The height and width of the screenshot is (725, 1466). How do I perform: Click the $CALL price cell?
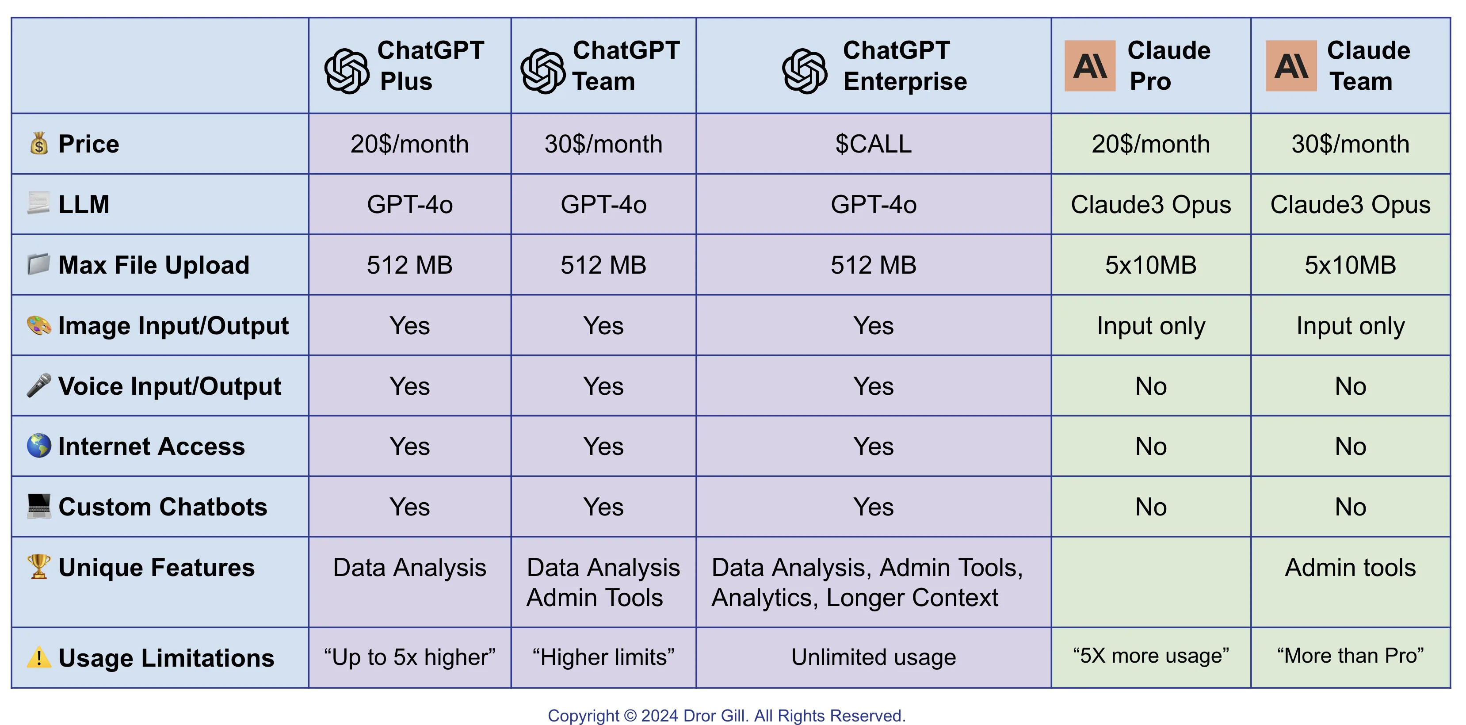873,144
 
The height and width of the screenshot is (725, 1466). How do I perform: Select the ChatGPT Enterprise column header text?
904,66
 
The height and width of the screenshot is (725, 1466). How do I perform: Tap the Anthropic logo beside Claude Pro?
1089,66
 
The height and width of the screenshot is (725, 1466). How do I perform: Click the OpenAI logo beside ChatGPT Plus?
347,71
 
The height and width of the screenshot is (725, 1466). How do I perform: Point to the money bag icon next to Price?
39,143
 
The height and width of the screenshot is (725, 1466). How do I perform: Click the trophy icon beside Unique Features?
39,567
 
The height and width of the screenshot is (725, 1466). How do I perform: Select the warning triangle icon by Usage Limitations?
39,657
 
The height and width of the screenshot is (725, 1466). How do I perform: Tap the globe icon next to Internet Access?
39,446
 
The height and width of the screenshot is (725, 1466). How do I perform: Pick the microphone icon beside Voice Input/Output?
39,385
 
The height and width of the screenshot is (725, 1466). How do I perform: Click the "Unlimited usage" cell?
873,657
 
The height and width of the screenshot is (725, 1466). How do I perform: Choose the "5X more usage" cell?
1150,656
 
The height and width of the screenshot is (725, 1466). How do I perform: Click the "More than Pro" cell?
1350,656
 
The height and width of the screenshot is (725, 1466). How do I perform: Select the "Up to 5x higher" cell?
409,657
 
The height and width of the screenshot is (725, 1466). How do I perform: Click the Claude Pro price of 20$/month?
1150,144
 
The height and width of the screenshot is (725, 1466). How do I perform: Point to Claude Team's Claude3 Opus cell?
1350,205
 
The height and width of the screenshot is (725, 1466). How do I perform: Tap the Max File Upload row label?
154,265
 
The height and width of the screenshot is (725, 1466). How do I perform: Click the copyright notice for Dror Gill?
726,715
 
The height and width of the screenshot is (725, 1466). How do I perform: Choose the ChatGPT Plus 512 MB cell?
409,265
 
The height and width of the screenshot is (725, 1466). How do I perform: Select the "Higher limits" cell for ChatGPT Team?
603,657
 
